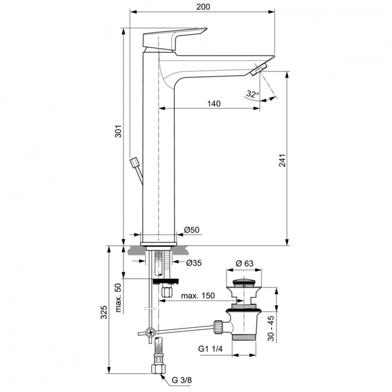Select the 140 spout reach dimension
point(213,103)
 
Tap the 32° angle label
point(252,95)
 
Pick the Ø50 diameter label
point(192,230)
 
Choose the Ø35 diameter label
point(194,263)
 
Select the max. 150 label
point(198,296)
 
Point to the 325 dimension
point(103,312)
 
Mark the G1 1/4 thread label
point(211,349)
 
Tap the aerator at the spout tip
point(259,69)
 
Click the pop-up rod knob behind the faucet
point(136,163)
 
